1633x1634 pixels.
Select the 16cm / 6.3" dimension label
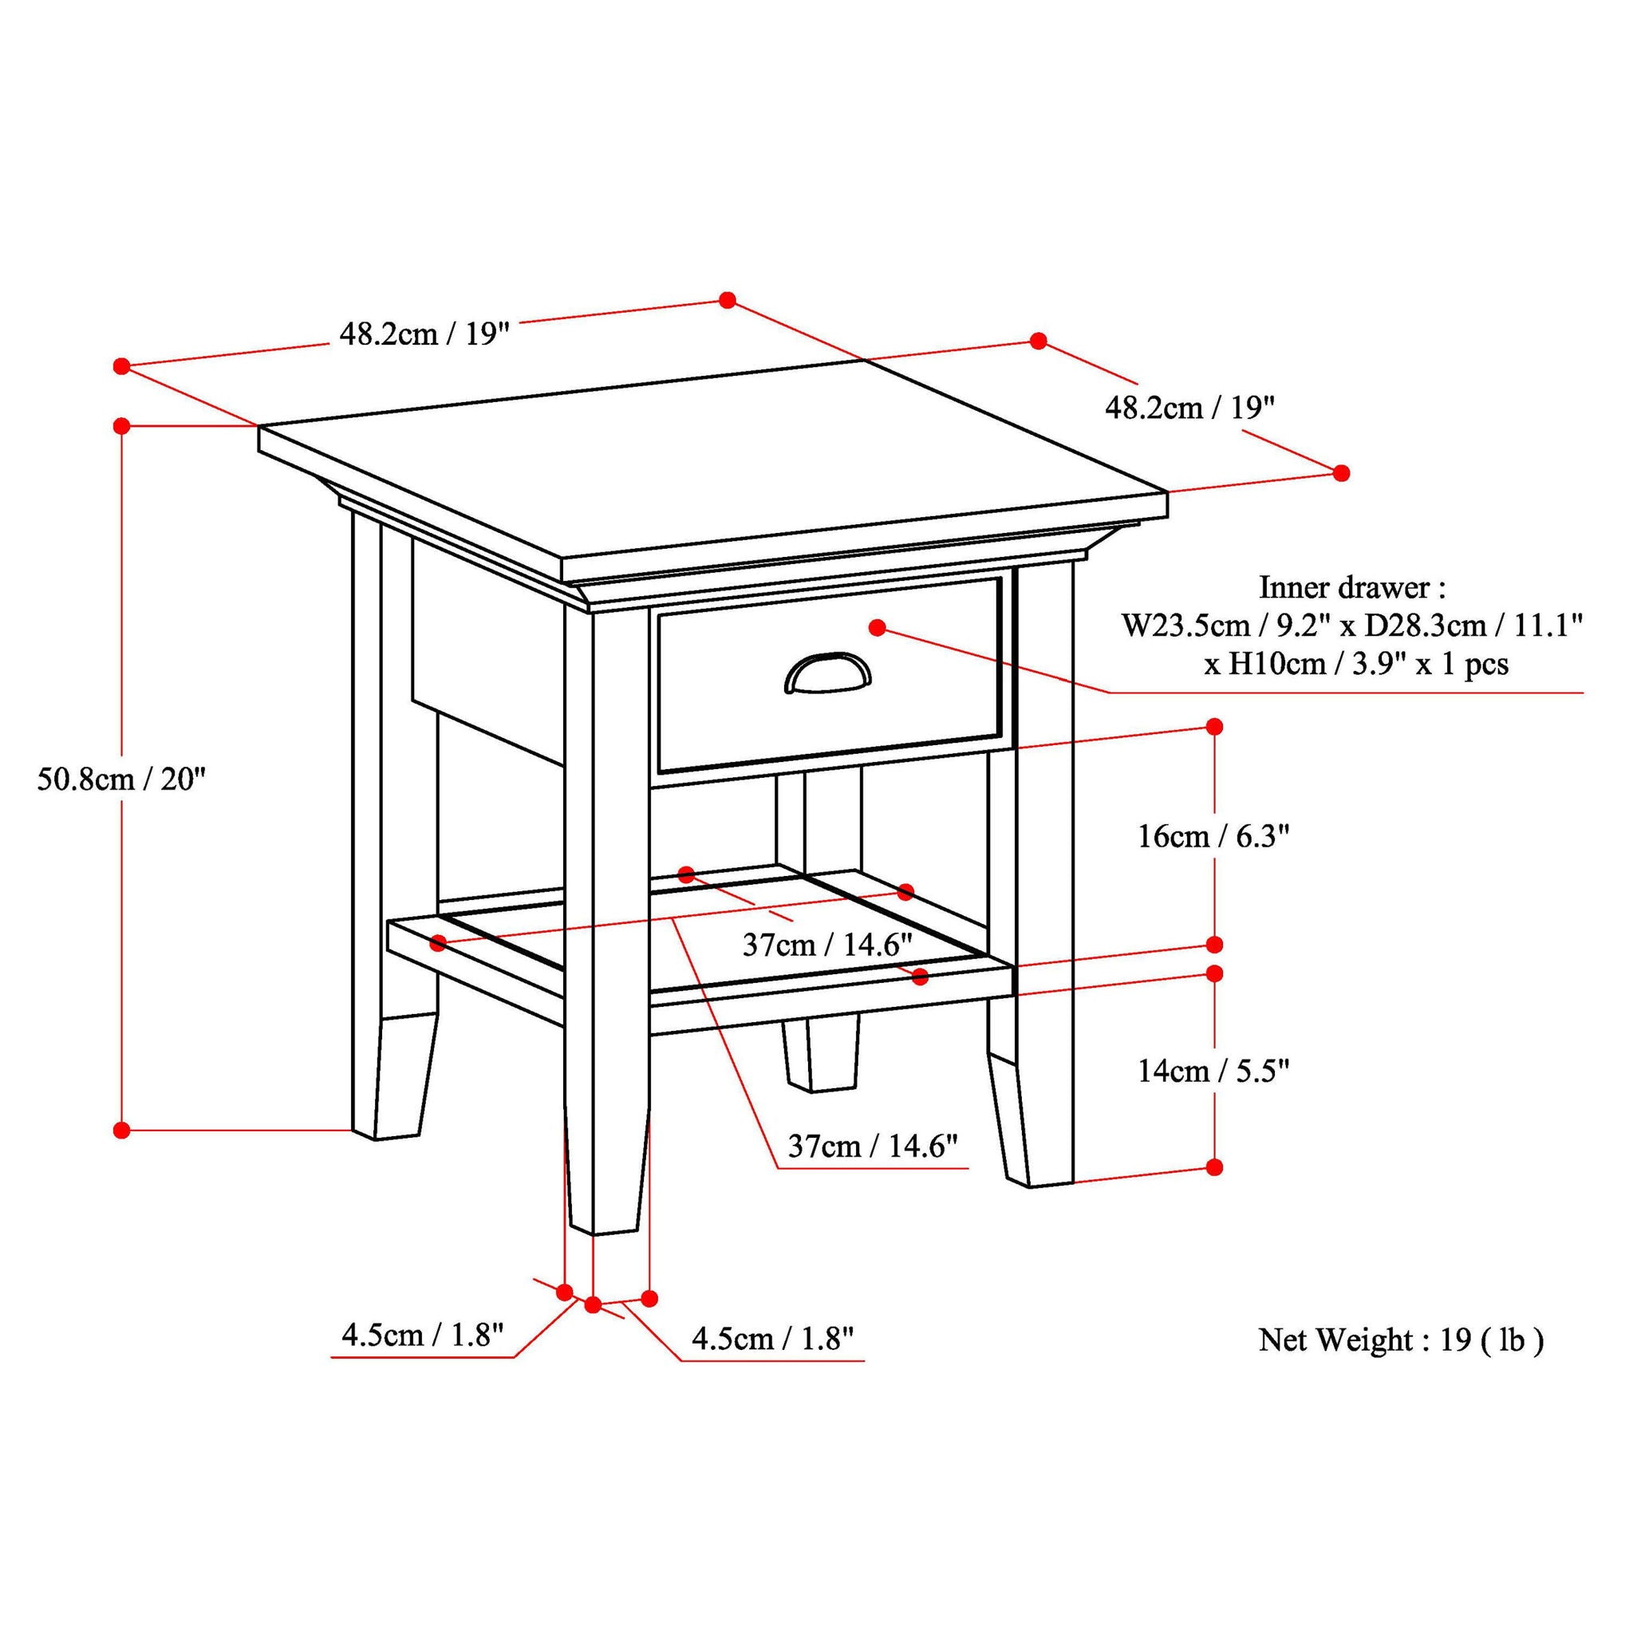point(1213,837)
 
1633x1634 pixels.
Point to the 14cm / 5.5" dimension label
point(1213,1072)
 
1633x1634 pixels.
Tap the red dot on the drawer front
point(877,628)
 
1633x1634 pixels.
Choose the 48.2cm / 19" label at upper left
point(424,335)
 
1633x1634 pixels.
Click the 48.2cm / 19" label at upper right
point(1189,408)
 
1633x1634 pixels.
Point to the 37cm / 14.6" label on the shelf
point(826,944)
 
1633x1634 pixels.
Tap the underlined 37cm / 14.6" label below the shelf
point(872,1146)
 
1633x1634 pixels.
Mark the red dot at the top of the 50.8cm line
point(122,424)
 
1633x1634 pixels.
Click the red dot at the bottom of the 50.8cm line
point(122,1129)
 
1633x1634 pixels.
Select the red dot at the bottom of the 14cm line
point(1214,1167)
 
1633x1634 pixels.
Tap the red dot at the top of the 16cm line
point(1214,727)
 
